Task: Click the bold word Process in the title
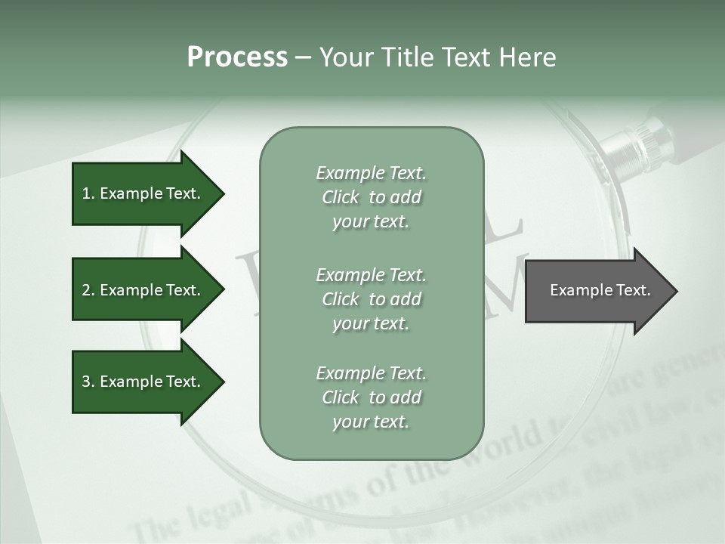(x=237, y=57)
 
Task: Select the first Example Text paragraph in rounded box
(x=371, y=197)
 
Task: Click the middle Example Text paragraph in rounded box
(x=371, y=299)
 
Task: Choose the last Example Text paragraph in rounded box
(x=371, y=397)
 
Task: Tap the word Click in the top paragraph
(x=341, y=197)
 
